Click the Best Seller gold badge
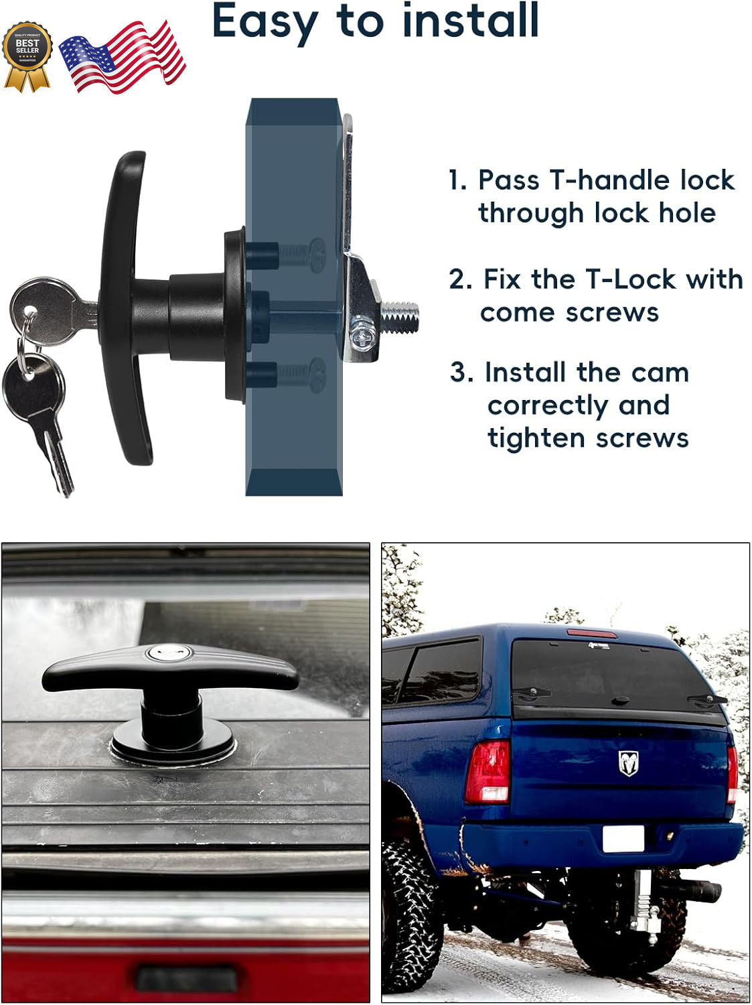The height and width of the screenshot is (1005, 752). point(27,54)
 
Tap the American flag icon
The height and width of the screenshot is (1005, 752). point(123,56)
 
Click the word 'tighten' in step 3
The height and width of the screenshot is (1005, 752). point(536,439)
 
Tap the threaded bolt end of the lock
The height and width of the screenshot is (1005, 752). point(400,316)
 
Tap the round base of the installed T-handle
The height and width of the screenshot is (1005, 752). point(173,746)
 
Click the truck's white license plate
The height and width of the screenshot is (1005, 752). point(623,838)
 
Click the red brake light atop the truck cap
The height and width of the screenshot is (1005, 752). point(591,633)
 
